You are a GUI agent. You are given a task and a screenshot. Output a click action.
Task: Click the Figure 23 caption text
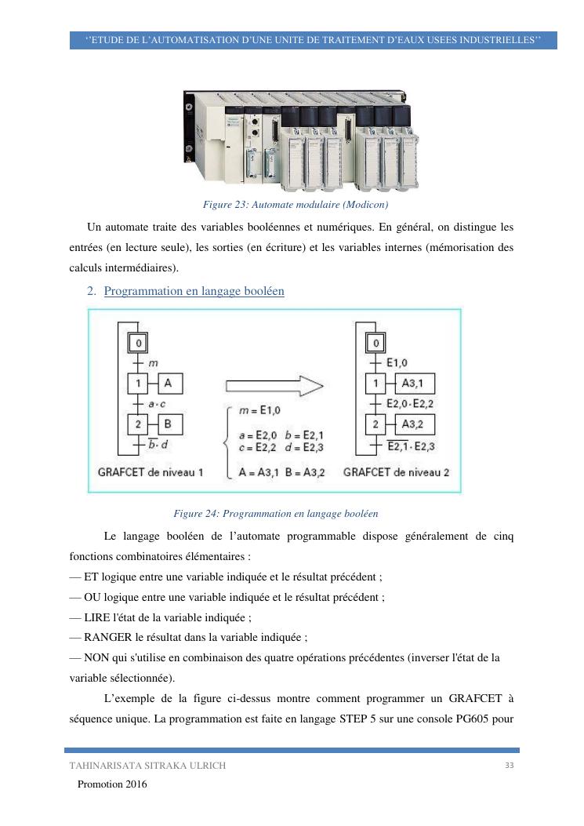(296, 205)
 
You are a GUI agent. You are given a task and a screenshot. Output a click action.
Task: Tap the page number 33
(510, 765)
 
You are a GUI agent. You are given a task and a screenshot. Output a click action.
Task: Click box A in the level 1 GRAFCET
(171, 384)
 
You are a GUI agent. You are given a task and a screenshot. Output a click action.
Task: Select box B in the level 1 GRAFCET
(171, 424)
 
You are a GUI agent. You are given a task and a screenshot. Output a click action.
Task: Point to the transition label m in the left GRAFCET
(153, 363)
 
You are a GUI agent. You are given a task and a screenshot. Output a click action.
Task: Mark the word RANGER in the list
(111, 637)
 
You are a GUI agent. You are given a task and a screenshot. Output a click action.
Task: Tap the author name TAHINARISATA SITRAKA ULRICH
(147, 766)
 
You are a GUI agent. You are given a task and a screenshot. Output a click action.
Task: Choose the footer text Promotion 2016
(111, 784)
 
